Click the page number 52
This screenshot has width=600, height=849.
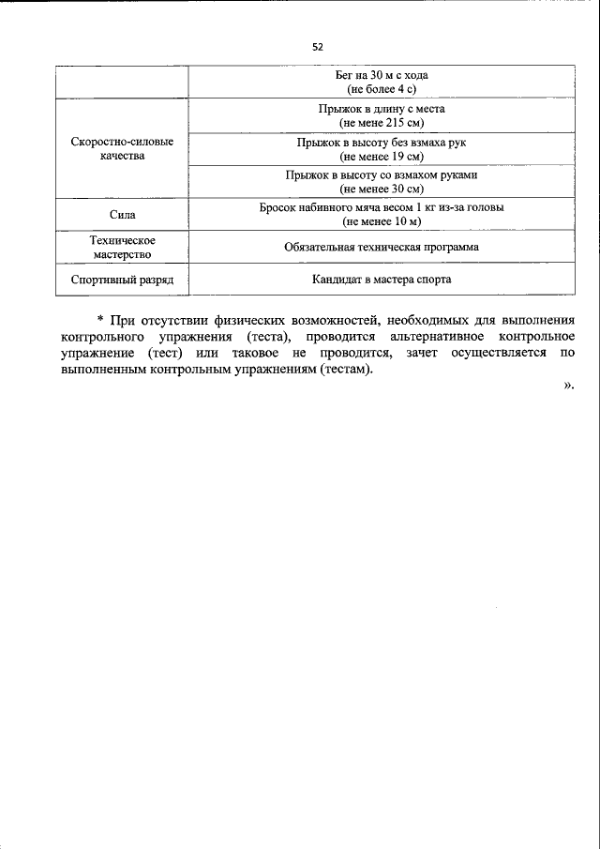317,46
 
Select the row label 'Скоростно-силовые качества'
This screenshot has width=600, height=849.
122,149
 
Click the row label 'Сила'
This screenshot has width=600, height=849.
122,214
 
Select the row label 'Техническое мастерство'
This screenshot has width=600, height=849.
122,247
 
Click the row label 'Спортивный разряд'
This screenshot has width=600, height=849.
122,280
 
